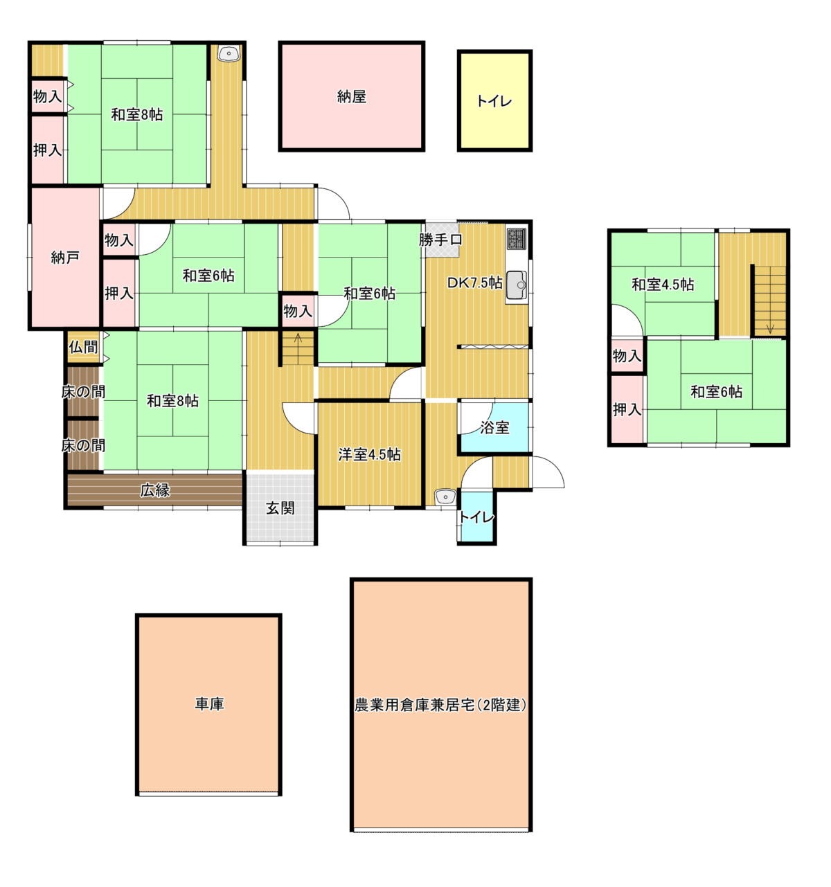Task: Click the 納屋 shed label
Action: pyautogui.click(x=351, y=96)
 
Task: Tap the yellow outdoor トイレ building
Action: pyautogui.click(x=494, y=100)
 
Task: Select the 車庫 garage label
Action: pyautogui.click(x=209, y=704)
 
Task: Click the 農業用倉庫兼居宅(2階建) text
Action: pyautogui.click(x=440, y=704)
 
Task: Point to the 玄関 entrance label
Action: pyautogui.click(x=280, y=508)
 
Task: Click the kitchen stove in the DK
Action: pyautogui.click(x=517, y=238)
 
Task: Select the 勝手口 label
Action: pyautogui.click(x=440, y=240)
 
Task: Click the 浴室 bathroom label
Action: pyautogui.click(x=494, y=427)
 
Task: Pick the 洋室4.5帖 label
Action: pyautogui.click(x=369, y=454)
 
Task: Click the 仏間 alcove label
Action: pyautogui.click(x=83, y=347)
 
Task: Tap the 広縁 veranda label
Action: pyautogui.click(x=154, y=490)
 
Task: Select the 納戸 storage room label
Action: pyautogui.click(x=65, y=258)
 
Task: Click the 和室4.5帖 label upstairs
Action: pyautogui.click(x=663, y=285)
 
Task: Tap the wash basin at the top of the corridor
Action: pyautogui.click(x=229, y=53)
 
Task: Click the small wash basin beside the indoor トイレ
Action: pyautogui.click(x=445, y=496)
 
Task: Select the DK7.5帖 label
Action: pyautogui.click(x=475, y=283)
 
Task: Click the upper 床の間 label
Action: pyautogui.click(x=83, y=392)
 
